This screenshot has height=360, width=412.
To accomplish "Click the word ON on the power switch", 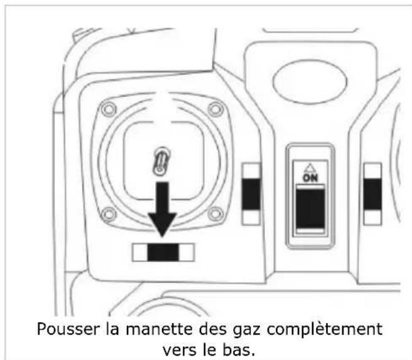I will click(x=308, y=178).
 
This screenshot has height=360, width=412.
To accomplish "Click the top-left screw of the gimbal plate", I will click(x=109, y=109).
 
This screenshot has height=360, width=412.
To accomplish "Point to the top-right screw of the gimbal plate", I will click(x=216, y=109).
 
